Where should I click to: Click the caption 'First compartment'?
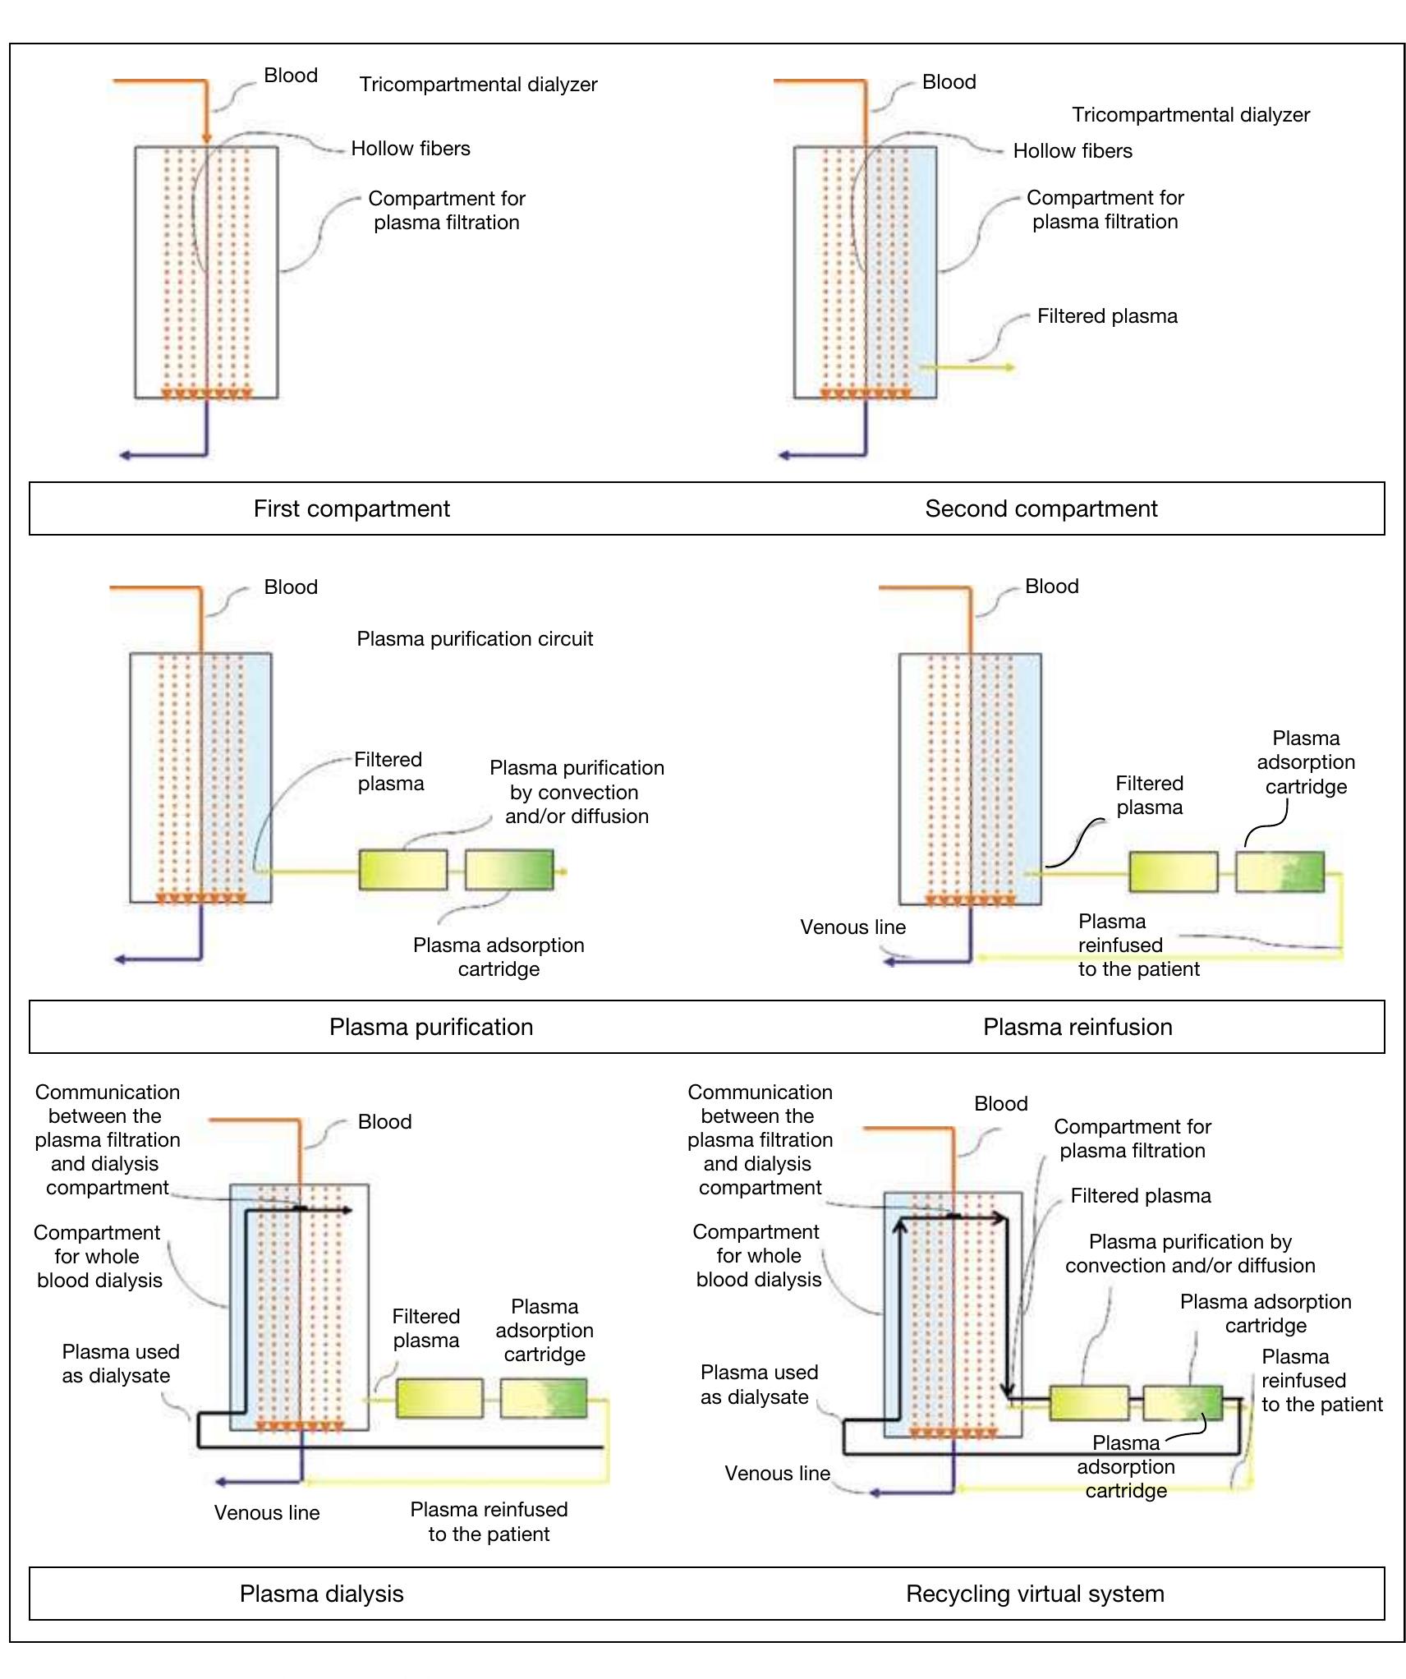351,508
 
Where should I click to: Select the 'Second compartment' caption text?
1041,508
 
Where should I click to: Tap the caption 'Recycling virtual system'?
1034,1594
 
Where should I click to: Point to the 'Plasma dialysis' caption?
321,1594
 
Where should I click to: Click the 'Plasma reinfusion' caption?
1077,1027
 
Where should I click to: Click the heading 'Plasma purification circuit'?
474,638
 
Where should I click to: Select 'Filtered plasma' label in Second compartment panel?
1106,316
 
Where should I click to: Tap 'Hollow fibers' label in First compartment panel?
410,149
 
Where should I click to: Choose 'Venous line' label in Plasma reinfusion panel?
852,927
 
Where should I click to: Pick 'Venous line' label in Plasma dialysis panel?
266,1512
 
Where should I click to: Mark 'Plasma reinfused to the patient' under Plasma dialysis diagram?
489,1521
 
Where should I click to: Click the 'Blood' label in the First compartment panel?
290,76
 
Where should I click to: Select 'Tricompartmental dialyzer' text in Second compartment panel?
1190,115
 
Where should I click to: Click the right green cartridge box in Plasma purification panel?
508,870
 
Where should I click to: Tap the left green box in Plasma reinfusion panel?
1173,872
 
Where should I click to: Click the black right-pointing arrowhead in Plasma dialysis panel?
348,1210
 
